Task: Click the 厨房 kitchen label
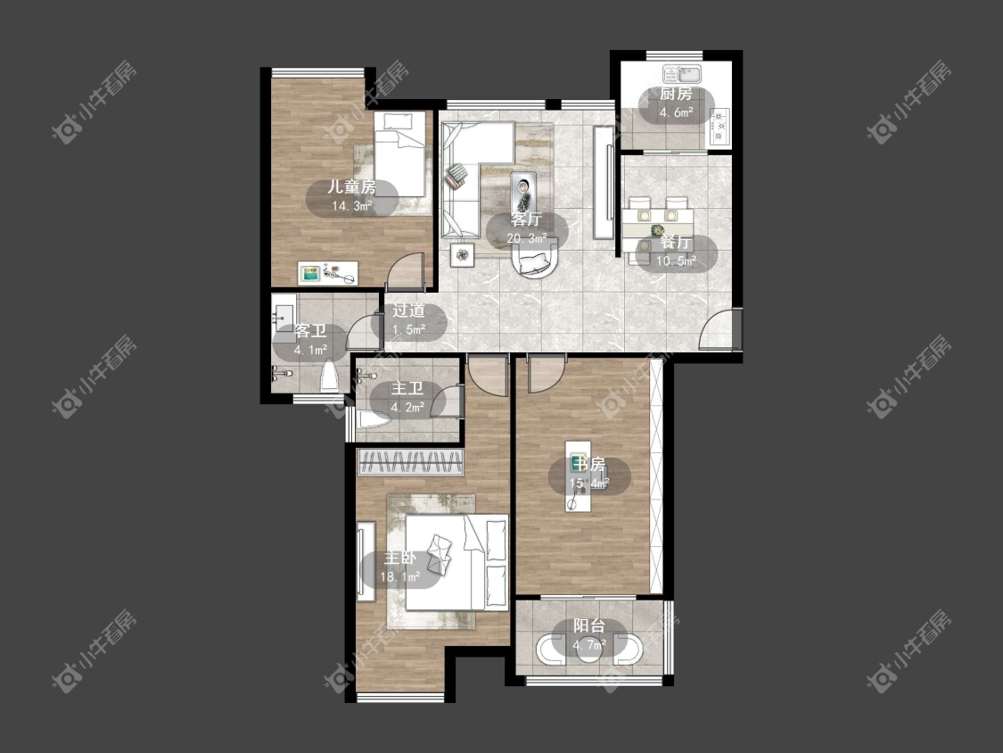(x=676, y=95)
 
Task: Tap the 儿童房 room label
(x=352, y=187)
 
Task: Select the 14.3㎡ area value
(x=352, y=206)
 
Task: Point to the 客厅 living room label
(x=526, y=219)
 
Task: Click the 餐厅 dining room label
(x=676, y=243)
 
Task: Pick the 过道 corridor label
(x=408, y=311)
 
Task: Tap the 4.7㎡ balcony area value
(x=589, y=645)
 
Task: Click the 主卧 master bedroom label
(x=399, y=558)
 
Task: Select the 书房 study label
(x=589, y=464)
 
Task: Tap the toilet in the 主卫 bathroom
(x=374, y=420)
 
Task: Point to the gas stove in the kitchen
(x=719, y=126)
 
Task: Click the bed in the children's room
(x=399, y=153)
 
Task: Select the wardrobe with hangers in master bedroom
(x=410, y=462)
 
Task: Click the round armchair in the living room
(x=536, y=262)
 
